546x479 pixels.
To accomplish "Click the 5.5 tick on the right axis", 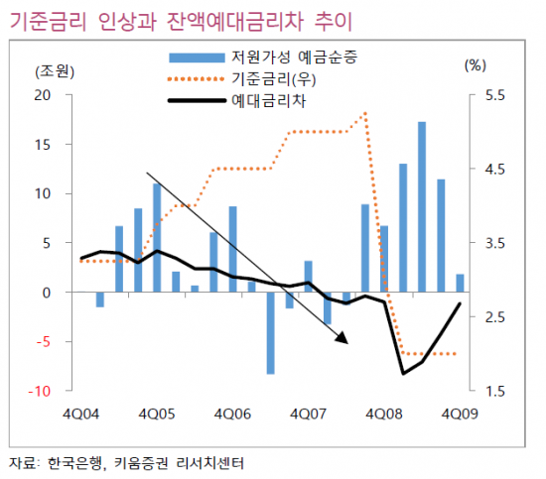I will (493, 95).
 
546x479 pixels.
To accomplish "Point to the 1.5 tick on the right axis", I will (493, 392).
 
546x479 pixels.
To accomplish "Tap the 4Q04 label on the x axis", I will (78, 412).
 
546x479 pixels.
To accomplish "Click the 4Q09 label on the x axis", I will (460, 412).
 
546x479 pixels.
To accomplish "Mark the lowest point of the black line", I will (403, 373).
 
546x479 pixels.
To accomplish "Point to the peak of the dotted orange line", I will (366, 113).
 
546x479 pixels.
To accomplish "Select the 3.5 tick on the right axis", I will (493, 244).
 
